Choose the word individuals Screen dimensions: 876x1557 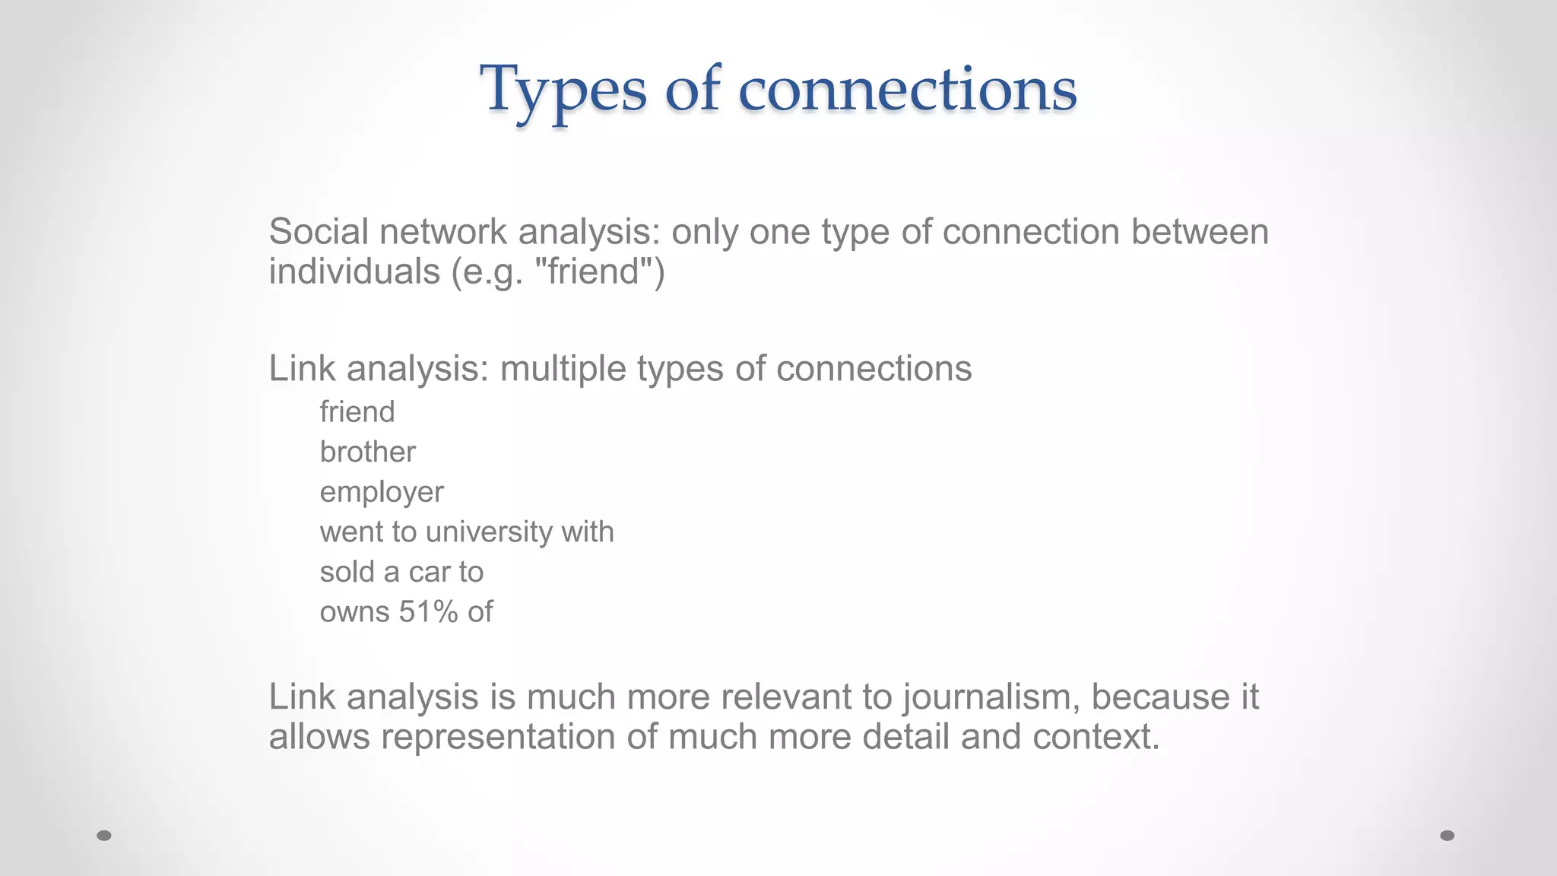(354, 271)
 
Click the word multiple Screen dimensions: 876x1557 (562, 369)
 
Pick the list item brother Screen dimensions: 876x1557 (367, 452)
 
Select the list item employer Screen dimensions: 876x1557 (381, 493)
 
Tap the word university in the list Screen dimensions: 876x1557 (489, 532)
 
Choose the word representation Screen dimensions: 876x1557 (497, 737)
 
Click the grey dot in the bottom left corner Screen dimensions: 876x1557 (104, 836)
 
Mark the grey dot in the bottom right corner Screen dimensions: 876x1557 (1448, 836)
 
